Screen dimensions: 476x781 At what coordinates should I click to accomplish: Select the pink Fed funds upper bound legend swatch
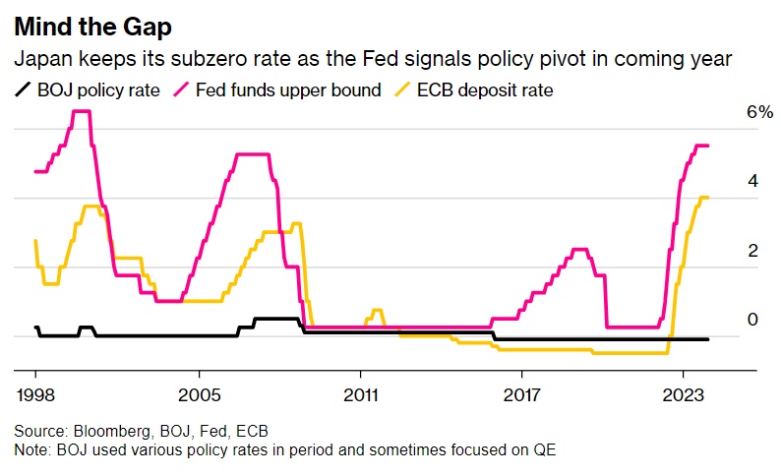(183, 91)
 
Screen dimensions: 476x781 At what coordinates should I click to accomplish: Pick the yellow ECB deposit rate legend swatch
(403, 91)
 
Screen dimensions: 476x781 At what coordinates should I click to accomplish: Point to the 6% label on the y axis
(759, 113)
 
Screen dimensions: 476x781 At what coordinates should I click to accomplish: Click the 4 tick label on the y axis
(752, 182)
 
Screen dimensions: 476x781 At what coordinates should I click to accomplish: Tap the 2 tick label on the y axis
(752, 251)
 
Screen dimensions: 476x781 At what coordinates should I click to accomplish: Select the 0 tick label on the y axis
(752, 320)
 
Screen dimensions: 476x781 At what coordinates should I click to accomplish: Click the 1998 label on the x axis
(35, 396)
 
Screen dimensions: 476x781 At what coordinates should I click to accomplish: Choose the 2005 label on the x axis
(199, 396)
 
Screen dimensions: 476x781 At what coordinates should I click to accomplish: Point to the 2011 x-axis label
(361, 396)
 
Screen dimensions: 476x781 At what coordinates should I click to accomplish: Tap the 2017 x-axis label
(522, 396)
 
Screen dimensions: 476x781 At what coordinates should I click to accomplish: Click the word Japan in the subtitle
(39, 60)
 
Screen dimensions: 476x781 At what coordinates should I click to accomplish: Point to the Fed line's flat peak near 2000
(82, 111)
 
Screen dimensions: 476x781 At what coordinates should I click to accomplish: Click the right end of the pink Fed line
(708, 146)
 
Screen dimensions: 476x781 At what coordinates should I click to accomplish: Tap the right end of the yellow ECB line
(708, 198)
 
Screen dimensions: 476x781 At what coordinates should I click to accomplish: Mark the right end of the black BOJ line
(708, 339)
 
